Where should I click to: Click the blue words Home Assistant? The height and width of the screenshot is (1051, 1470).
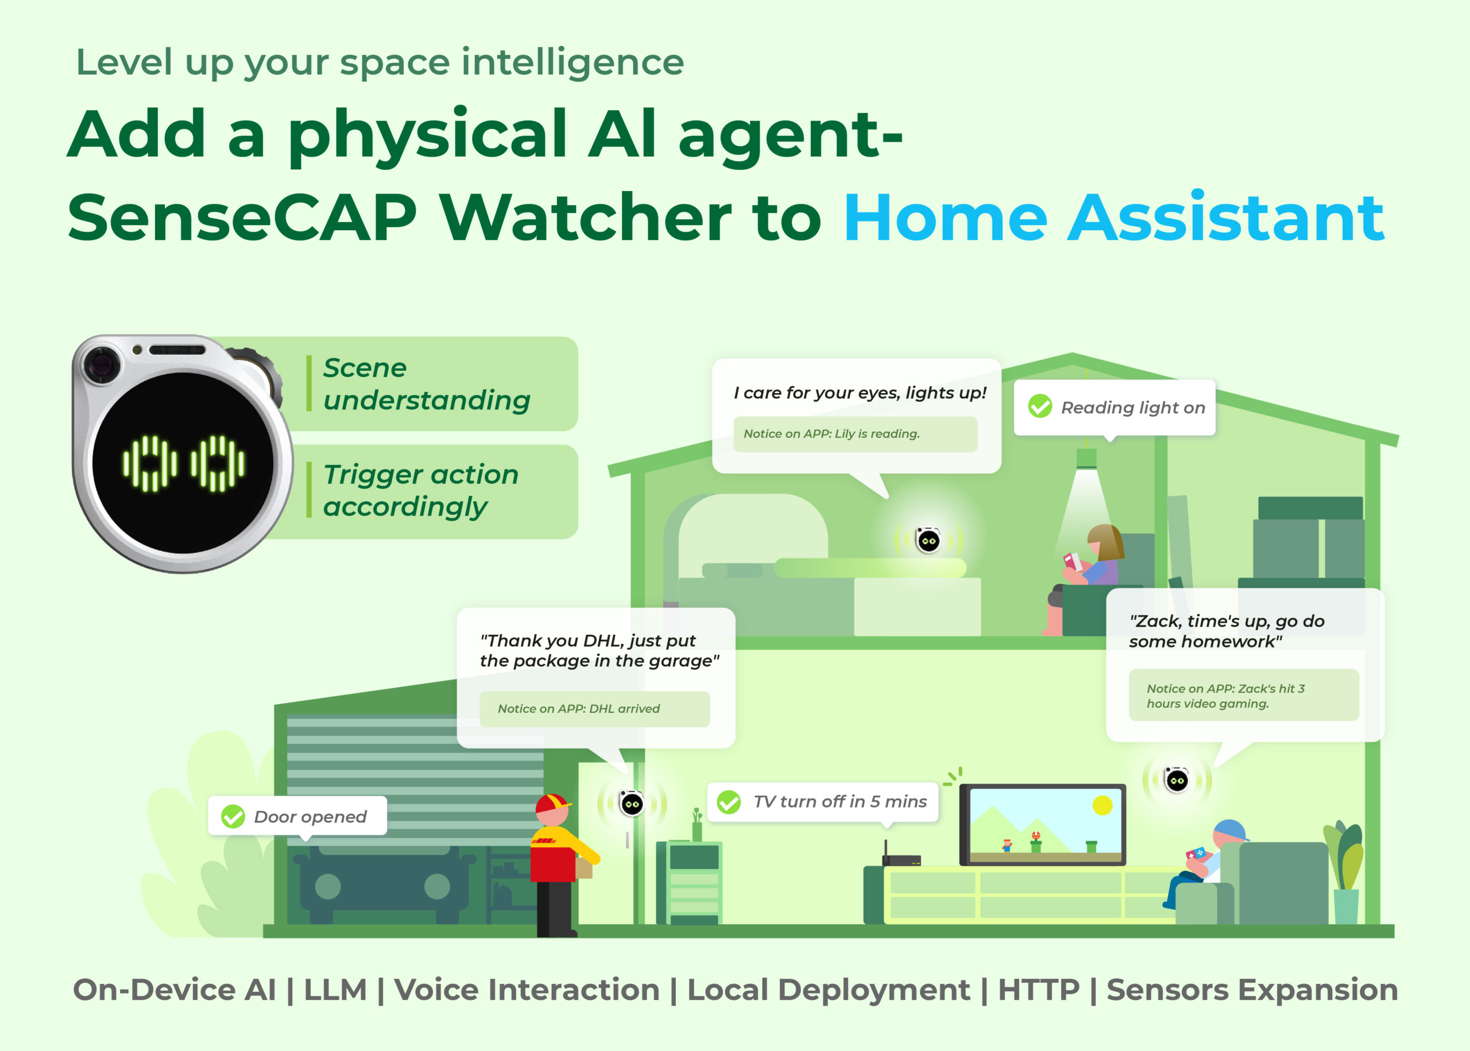1113,218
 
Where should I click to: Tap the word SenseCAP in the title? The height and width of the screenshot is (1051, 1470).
242,218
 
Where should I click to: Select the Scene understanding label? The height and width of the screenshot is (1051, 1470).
427,384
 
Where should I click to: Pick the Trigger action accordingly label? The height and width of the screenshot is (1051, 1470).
421,491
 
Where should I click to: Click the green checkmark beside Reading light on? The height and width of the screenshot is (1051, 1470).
1039,406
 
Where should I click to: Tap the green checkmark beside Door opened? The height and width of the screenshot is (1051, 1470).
233,816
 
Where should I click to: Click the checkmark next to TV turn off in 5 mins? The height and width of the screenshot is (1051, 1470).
729,802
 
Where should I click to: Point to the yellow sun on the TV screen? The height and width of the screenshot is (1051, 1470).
1102,806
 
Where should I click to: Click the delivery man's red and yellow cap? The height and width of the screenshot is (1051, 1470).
552,803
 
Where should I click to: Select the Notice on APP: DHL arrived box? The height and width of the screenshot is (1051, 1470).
594,709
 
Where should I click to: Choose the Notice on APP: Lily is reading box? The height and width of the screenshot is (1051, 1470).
855,433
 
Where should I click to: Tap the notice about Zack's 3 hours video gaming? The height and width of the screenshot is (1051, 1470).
1243,695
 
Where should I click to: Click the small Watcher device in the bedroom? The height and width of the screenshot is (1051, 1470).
928,540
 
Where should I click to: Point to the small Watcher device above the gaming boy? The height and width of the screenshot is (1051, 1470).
1177,780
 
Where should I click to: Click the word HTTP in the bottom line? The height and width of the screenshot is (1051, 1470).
1038,990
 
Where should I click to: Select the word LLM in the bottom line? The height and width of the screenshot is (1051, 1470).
335,990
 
